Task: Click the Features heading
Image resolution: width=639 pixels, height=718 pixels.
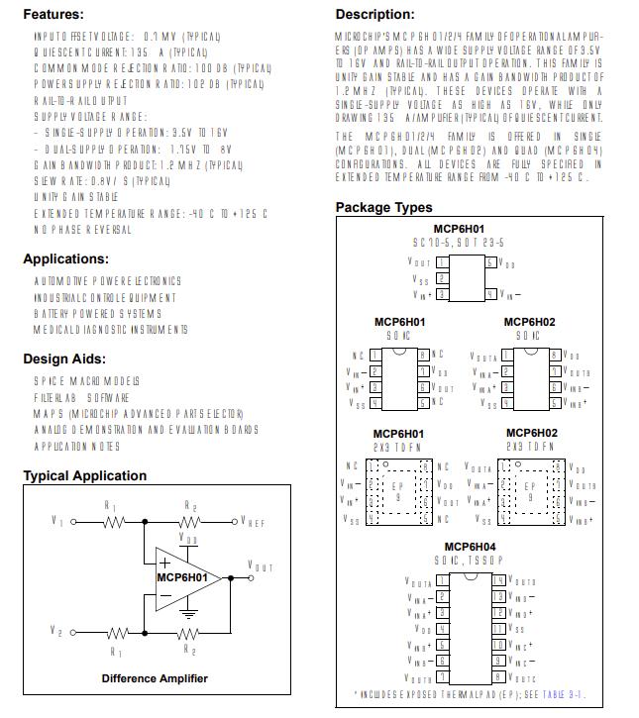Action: click(53, 15)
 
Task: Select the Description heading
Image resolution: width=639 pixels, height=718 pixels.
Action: click(374, 15)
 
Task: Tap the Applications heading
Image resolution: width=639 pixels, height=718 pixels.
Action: click(66, 259)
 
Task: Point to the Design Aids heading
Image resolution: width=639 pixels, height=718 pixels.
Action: click(64, 359)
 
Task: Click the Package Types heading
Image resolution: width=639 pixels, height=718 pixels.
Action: click(383, 207)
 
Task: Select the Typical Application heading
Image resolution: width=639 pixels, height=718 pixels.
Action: click(84, 475)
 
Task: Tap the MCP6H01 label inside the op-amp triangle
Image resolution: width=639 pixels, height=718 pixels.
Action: click(182, 577)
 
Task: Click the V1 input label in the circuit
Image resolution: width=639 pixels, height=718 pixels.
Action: click(57, 521)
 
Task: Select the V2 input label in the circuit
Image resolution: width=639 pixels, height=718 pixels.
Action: click(57, 630)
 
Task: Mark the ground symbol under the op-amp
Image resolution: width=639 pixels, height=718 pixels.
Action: click(187, 614)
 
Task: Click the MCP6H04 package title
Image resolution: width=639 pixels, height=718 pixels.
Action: click(470, 547)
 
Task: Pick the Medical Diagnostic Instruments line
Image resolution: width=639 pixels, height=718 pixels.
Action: click(110, 330)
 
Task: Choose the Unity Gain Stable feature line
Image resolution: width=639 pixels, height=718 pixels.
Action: click(76, 197)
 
